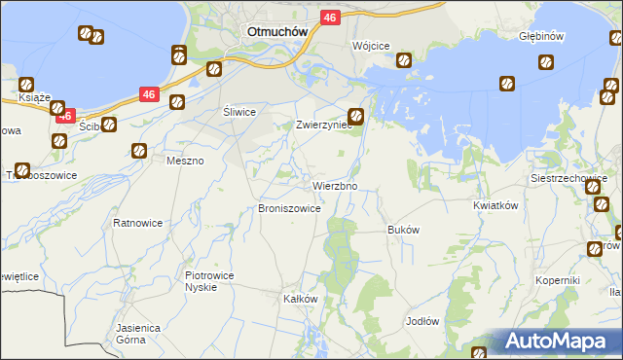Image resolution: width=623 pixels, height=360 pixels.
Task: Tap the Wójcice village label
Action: (371, 47)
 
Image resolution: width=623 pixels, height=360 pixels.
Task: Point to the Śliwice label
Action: (239, 112)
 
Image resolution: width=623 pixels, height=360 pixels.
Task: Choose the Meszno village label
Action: (185, 161)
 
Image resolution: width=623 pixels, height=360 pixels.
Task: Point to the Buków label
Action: (403, 231)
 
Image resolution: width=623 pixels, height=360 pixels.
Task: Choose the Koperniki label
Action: (557, 280)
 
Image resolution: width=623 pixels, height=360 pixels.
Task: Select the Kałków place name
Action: (301, 299)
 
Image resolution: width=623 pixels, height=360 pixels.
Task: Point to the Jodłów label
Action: (423, 320)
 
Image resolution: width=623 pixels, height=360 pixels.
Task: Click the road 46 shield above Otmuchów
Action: (330, 18)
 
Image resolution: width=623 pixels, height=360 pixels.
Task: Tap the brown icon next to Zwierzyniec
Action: (357, 116)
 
